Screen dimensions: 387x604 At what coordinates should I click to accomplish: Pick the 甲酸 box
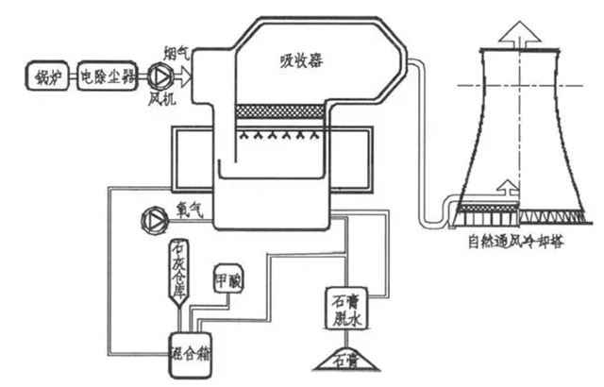click(x=229, y=280)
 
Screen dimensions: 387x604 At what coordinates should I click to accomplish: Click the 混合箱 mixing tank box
click(x=189, y=347)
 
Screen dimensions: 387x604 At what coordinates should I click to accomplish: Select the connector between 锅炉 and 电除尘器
click(x=67, y=75)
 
